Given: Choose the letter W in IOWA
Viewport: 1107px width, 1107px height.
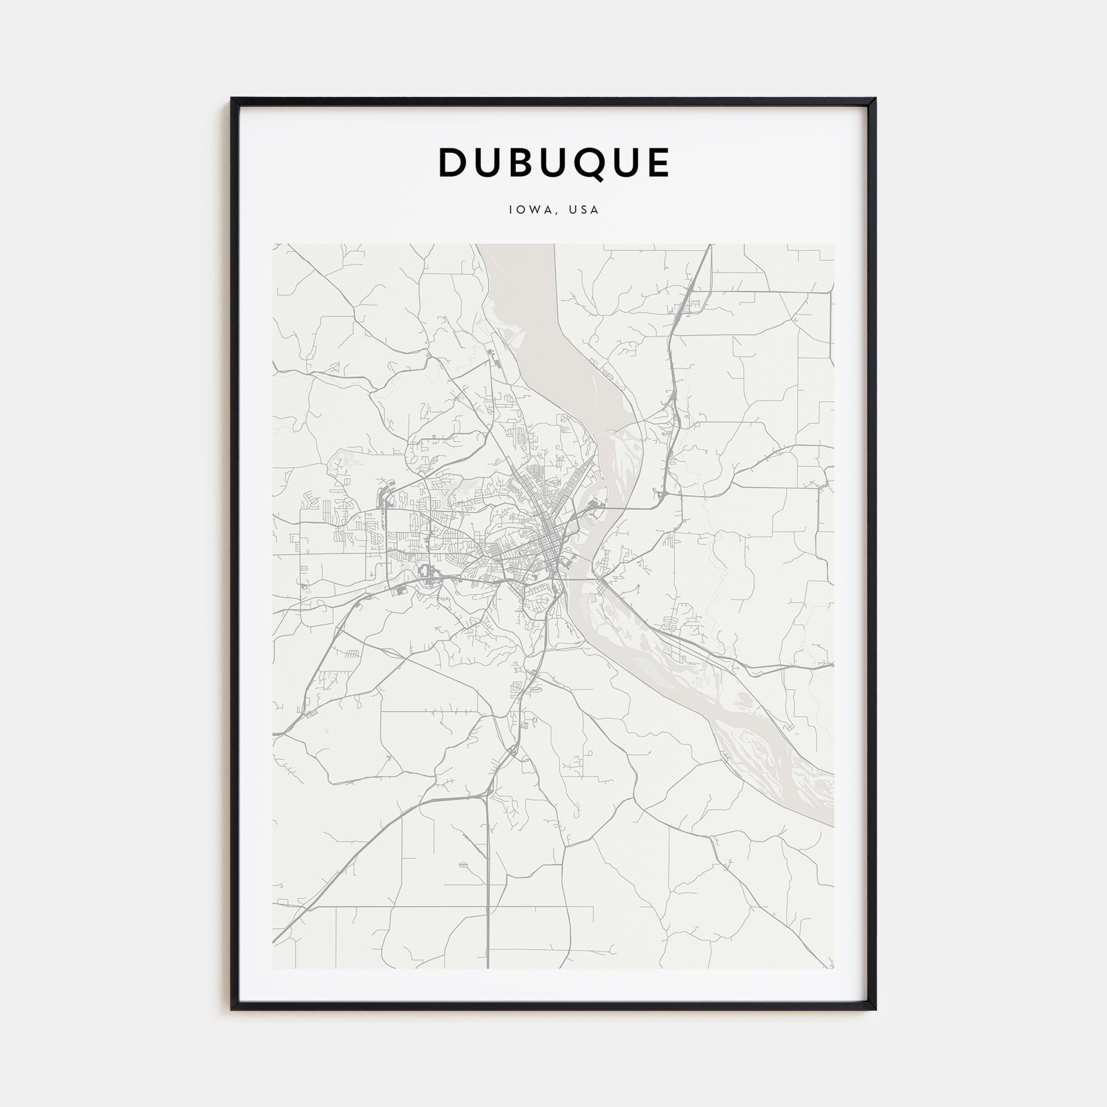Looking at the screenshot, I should (534, 210).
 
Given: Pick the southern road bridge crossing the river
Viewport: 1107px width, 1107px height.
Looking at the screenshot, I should (579, 580).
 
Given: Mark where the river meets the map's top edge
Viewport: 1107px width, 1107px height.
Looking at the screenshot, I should (516, 245).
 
